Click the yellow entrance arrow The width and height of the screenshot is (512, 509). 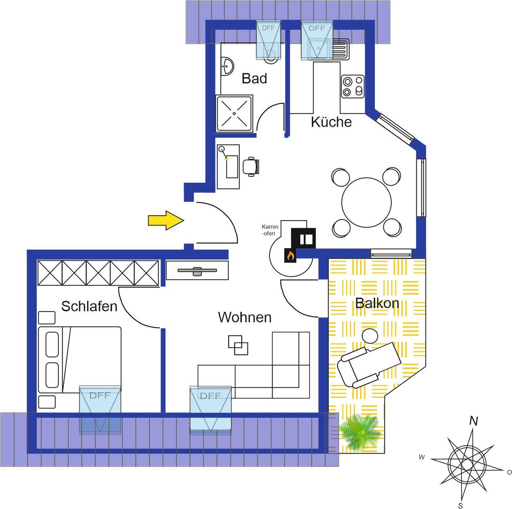pos(166,220)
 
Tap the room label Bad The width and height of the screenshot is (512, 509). pos(254,78)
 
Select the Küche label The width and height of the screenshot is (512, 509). pos(331,122)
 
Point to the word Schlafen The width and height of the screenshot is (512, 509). pos(89,306)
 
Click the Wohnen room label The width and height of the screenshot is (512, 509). pos(245,317)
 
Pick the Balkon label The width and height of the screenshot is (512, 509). pos(377,303)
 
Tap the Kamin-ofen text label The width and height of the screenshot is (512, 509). pos(270,230)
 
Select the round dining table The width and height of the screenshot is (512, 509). pos(366,202)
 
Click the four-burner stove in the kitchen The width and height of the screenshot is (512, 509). pos(353,86)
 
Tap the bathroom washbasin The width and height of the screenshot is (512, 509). pos(226,67)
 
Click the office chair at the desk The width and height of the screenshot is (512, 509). pos(251,166)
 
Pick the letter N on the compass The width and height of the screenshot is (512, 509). pos(473,421)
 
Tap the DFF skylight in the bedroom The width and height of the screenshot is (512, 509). pos(100,409)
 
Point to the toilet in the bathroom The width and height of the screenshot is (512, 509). pos(271,55)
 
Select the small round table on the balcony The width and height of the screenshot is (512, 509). pos(370,335)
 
